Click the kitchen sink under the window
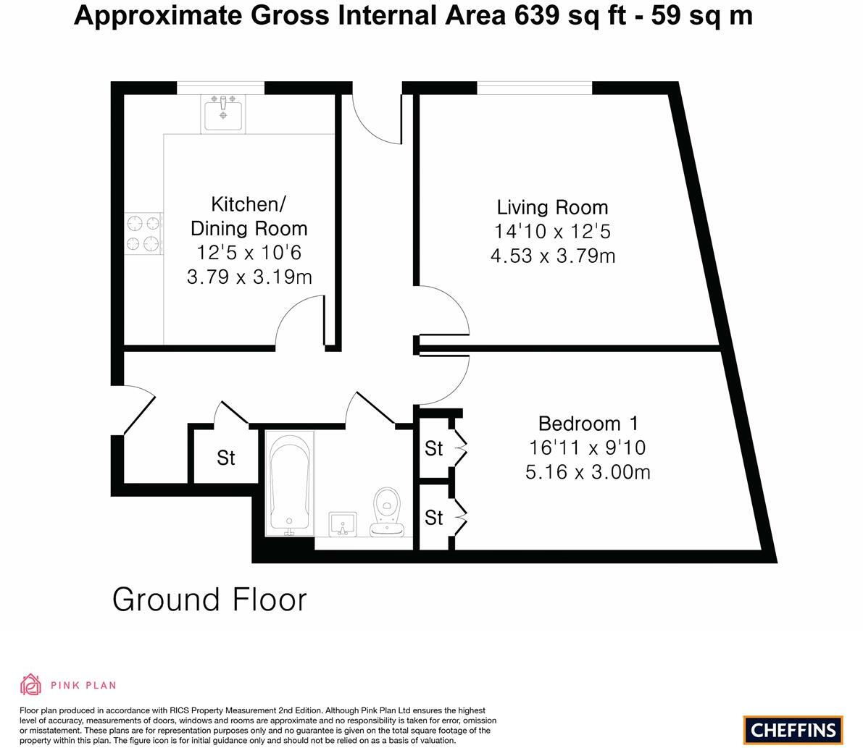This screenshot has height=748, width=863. (x=223, y=114)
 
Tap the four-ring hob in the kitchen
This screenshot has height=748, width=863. (x=143, y=233)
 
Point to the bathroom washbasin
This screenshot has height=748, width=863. (x=343, y=524)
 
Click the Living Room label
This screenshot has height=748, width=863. (x=552, y=207)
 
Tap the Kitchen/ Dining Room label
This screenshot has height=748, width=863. (x=249, y=216)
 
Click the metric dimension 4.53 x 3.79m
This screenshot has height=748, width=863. (x=552, y=256)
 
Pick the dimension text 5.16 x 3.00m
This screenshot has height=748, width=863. (x=587, y=472)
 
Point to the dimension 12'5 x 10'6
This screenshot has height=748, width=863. (x=249, y=253)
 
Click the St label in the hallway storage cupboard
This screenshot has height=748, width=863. (x=226, y=458)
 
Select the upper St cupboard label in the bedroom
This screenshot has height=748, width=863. (x=433, y=449)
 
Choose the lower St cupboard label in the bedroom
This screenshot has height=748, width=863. (x=433, y=518)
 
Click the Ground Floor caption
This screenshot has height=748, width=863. (x=209, y=600)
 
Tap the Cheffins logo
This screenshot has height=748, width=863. (x=793, y=730)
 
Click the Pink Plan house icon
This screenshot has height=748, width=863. (x=31, y=684)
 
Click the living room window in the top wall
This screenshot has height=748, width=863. (x=534, y=88)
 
